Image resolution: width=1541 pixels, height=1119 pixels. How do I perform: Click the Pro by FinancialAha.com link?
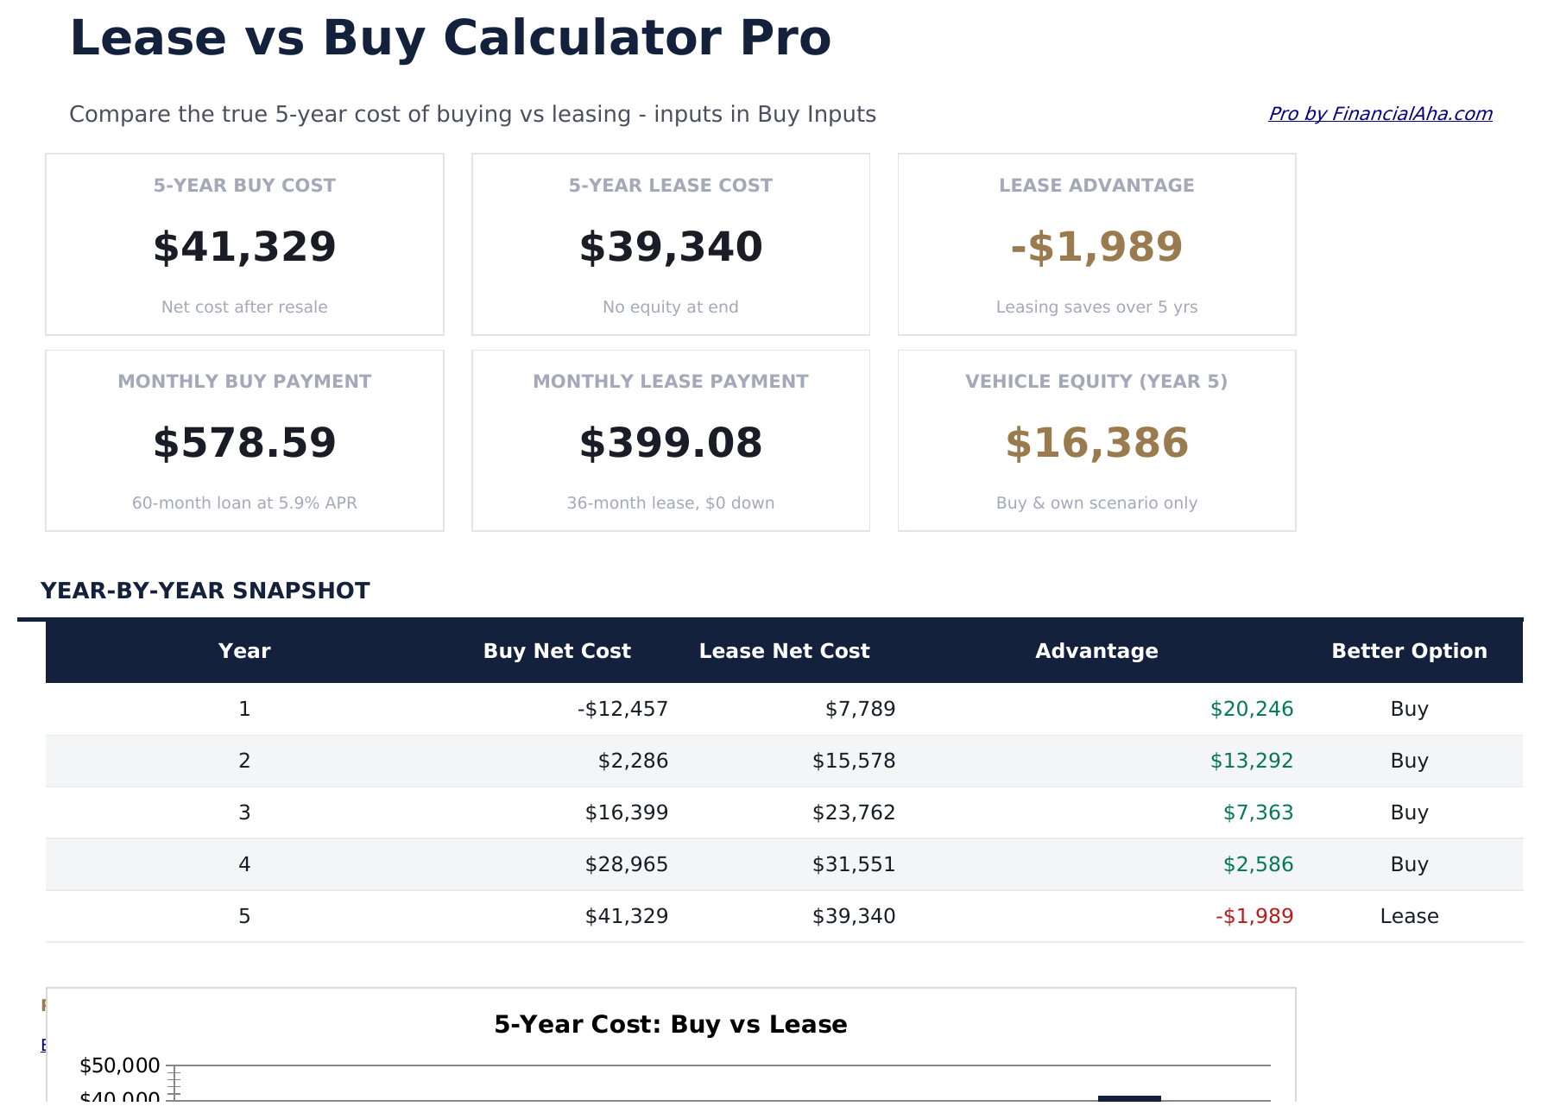coord(1380,114)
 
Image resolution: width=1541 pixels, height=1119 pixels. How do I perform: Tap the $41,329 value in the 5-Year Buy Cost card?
coord(244,247)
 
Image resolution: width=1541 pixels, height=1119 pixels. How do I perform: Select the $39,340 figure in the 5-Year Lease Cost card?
coord(671,247)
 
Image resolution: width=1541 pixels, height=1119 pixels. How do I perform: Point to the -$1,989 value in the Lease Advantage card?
coord(1096,247)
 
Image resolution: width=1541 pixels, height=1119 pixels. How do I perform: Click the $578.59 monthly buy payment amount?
coord(244,443)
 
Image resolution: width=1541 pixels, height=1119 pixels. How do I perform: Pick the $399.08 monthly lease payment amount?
coord(671,443)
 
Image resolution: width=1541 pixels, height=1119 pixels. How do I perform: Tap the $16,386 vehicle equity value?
coord(1096,443)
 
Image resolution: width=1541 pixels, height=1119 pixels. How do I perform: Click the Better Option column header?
coord(1409,651)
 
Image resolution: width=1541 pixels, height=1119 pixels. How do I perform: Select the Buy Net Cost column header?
coord(557,651)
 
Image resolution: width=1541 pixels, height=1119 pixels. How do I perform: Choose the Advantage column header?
coord(1096,651)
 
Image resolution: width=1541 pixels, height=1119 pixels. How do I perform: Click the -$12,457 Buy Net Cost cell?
coord(622,710)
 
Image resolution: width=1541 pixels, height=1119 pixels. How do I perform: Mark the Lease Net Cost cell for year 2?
coord(854,762)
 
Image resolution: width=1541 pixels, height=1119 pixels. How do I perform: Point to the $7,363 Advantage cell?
coord(1258,813)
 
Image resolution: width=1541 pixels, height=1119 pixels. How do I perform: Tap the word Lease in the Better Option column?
coord(1409,917)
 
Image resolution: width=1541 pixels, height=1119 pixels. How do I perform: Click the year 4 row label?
coord(244,865)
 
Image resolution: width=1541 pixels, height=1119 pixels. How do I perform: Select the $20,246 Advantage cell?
coord(1252,710)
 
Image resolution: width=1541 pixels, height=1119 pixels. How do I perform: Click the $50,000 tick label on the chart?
coord(120,1065)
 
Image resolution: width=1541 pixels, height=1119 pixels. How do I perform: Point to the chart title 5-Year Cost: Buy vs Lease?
coord(670,1025)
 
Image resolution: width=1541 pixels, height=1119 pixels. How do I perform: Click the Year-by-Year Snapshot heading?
coord(205,591)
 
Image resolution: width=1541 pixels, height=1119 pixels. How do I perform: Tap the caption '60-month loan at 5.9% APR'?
coord(244,503)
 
